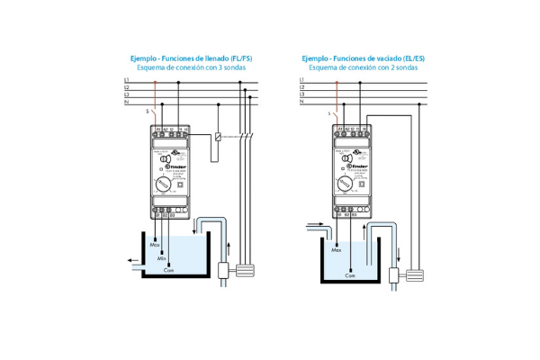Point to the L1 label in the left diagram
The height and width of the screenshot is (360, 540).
[126, 80]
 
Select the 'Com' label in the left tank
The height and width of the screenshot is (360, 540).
[168, 270]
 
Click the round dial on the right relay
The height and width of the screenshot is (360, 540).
[345, 184]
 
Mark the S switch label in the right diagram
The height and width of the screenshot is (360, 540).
[329, 112]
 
